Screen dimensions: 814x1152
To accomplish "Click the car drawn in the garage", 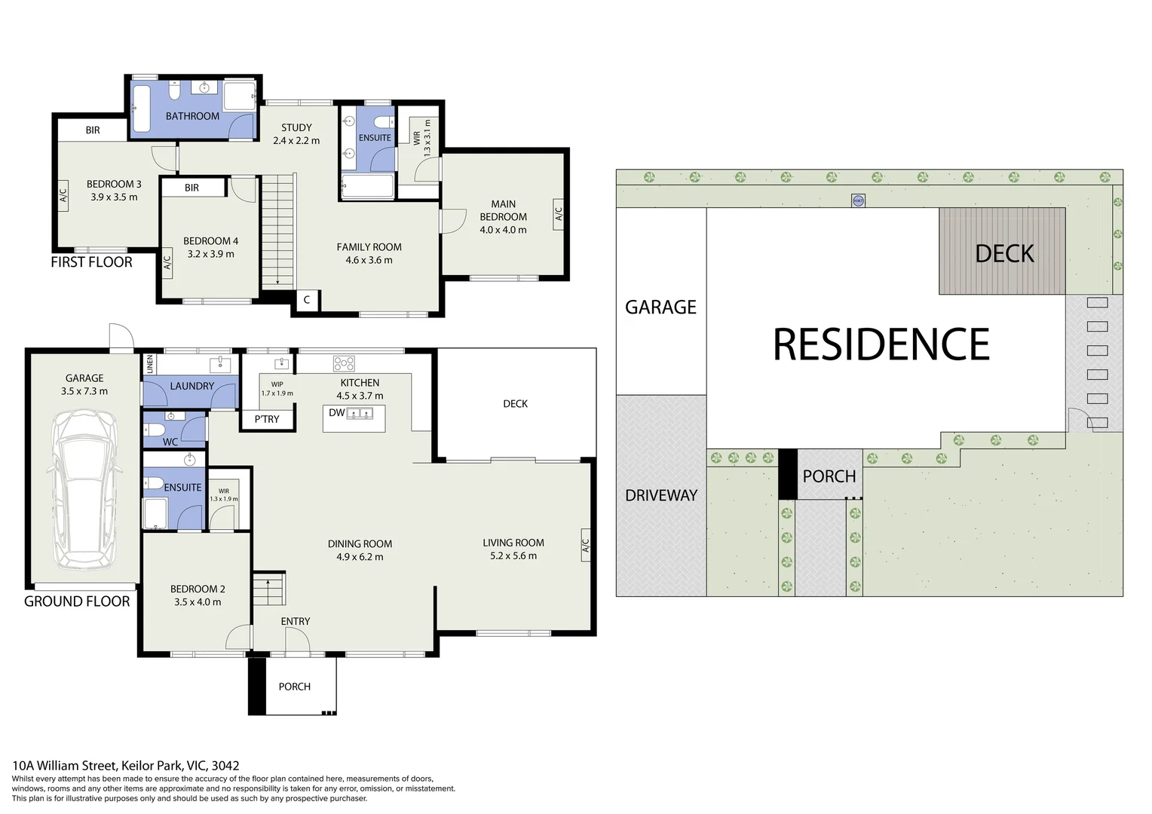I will coord(84,490).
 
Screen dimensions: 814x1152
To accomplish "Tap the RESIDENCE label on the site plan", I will coord(881,344).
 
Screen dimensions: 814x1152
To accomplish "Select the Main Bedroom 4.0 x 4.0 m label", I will coord(503,217).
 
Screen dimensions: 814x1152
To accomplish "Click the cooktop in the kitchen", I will coord(344,364).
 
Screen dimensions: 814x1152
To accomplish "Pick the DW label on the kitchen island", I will coord(336,413).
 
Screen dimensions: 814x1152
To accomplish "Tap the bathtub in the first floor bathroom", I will coord(142,109).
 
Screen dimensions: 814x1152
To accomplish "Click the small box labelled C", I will coord(307,300).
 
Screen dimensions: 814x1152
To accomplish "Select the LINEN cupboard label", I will coord(150,364).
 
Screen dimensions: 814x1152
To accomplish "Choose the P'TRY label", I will coord(267,419).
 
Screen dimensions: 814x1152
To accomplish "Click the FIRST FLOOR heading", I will coord(91,262).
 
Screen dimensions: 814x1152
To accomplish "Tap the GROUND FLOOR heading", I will coord(77,601).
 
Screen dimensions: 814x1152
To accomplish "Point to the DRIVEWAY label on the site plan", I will coord(660,495).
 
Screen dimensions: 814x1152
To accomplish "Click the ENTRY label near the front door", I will coord(295,621).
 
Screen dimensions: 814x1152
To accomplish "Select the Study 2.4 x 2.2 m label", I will coord(296,134).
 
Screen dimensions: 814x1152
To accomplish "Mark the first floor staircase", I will coord(277,230).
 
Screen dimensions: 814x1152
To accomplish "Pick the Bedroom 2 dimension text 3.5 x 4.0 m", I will coord(198,602).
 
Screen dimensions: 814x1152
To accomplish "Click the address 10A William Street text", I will coord(125,766).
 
